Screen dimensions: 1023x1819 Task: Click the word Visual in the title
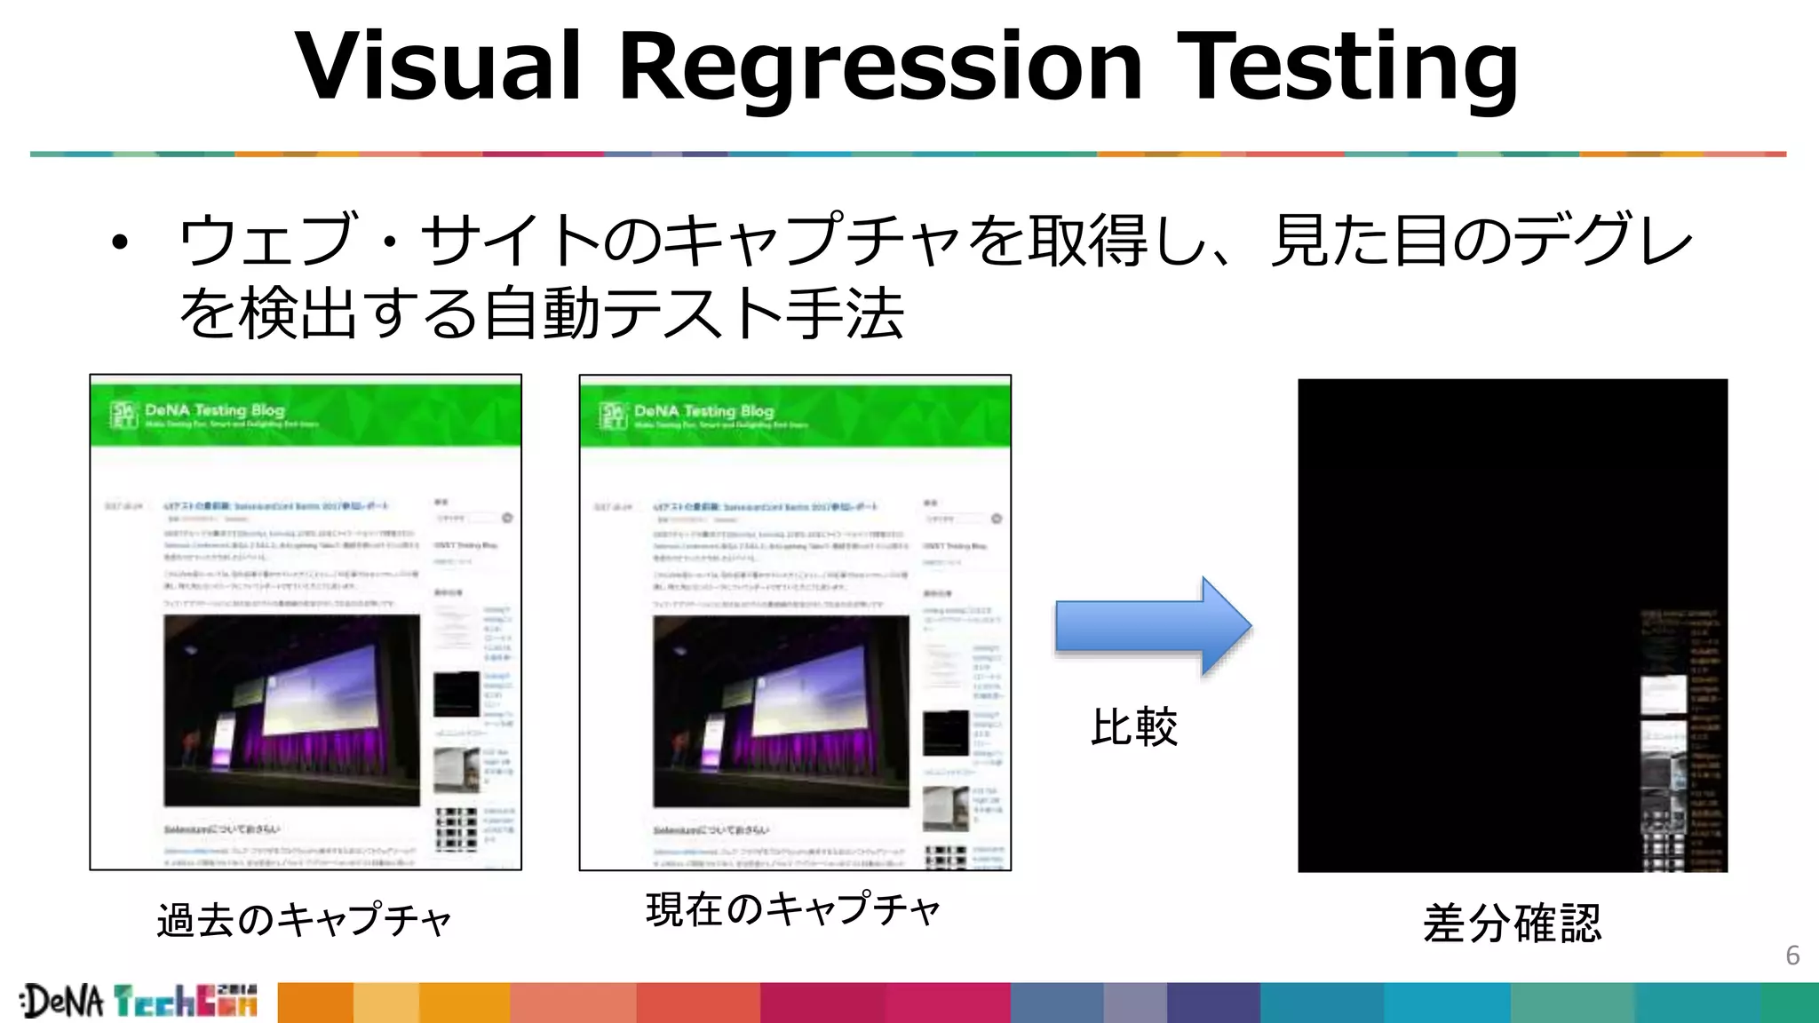coord(438,67)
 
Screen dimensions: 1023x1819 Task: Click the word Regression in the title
coord(879,67)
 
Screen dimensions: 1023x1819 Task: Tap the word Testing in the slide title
coord(1348,67)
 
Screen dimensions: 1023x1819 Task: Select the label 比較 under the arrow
coord(1134,727)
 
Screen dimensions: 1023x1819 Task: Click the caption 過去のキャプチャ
coord(305,920)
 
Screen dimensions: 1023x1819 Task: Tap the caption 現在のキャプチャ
coord(793,910)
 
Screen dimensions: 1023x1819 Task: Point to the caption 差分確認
coord(1512,924)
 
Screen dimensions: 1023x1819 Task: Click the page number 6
coord(1792,956)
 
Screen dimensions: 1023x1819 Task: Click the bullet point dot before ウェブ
coord(120,242)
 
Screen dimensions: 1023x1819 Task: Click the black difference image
coord(1466,577)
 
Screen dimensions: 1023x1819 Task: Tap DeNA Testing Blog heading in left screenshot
coord(214,410)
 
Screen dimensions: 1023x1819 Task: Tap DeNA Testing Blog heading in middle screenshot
coord(703,411)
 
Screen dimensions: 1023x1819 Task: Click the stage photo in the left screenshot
coord(291,710)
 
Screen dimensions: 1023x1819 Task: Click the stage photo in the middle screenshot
coord(781,710)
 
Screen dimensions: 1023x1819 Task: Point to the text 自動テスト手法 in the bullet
coord(693,313)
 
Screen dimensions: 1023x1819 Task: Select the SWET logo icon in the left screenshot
coord(123,415)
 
